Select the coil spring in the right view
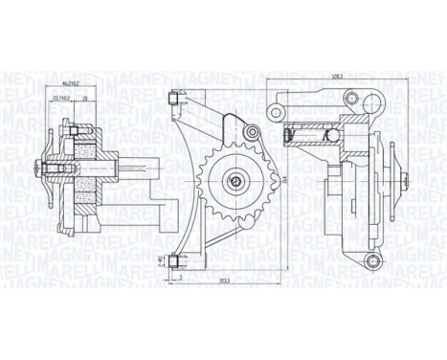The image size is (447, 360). pyautogui.click(x=315, y=144)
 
